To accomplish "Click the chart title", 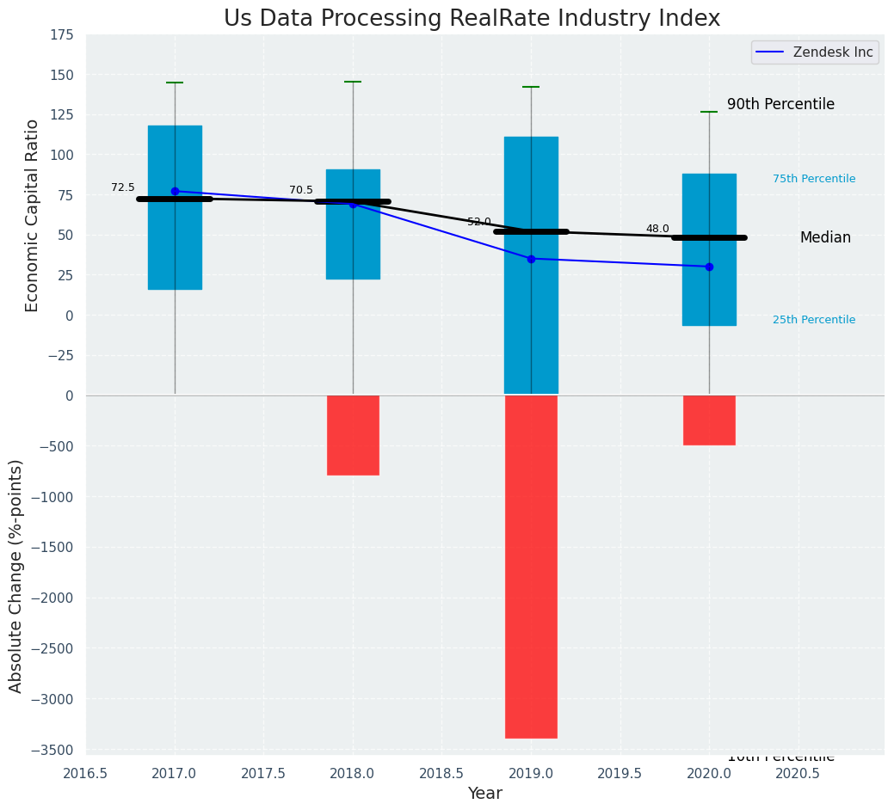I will [x=472, y=19].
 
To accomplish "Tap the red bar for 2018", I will [x=353, y=435].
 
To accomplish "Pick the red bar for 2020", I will [x=709, y=420].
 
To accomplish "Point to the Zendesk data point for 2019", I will [x=531, y=259].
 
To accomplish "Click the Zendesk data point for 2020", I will [x=709, y=267].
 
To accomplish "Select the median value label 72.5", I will [x=123, y=187].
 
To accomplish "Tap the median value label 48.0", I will [x=657, y=229].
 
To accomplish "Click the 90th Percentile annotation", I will [x=780, y=104].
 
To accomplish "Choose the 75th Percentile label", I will [x=814, y=179].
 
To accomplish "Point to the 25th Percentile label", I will [x=814, y=320].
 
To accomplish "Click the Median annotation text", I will [x=825, y=237].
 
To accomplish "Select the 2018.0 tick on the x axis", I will [x=353, y=773].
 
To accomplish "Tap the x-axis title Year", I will [x=485, y=794].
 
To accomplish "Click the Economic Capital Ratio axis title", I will [x=33, y=215].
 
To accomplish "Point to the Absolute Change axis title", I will [x=16, y=575].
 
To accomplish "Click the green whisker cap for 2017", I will [x=175, y=83].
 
